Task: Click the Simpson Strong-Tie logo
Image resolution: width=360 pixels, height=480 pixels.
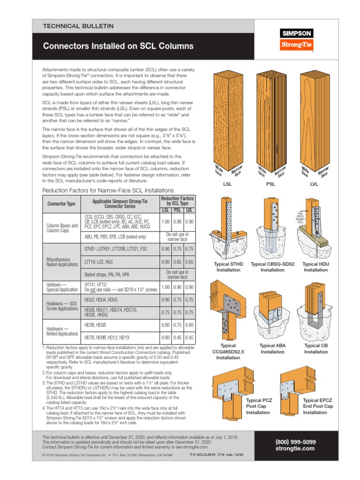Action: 296,39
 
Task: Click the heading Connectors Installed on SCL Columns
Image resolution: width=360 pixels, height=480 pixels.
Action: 118,46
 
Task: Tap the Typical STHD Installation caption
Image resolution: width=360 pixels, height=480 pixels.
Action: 228,267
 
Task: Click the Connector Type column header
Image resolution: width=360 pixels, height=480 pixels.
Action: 61,204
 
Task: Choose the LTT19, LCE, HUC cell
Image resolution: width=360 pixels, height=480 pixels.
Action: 120,262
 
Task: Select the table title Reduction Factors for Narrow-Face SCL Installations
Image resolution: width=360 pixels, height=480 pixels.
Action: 108,190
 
